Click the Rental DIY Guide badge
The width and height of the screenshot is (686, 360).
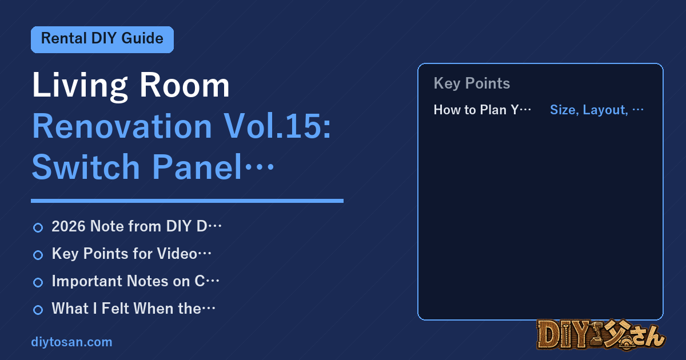[x=102, y=39]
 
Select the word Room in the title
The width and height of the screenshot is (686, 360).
[x=184, y=85]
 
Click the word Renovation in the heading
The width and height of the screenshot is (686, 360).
[x=122, y=126]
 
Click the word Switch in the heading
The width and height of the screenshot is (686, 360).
[x=86, y=167]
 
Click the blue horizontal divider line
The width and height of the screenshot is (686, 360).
[x=187, y=201]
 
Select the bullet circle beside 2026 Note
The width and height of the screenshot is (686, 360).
[x=38, y=227]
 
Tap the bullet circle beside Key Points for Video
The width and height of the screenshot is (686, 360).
[x=38, y=255]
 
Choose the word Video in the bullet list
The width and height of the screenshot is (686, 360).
[x=177, y=254]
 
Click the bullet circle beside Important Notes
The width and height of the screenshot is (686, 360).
[x=38, y=282]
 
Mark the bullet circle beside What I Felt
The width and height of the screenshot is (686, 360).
[x=38, y=310]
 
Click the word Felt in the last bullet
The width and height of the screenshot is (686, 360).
[x=115, y=309]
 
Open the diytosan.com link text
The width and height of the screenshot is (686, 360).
[x=71, y=342]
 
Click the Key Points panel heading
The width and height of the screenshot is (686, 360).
[x=472, y=83]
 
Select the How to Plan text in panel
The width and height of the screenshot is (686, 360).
[x=482, y=110]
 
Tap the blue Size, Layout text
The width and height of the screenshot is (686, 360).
[x=597, y=110]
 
